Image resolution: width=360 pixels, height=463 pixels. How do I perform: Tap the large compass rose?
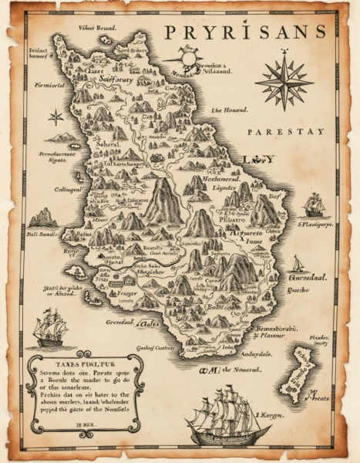[x=284, y=79]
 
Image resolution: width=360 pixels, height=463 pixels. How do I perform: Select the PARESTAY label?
[x=286, y=132]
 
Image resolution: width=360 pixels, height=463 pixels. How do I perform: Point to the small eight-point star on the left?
[x=56, y=117]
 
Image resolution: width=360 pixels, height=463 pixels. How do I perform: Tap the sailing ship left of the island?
[x=49, y=326]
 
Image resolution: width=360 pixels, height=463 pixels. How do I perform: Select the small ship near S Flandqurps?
[x=313, y=204]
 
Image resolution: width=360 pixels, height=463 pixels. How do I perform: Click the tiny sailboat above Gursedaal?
[x=298, y=263]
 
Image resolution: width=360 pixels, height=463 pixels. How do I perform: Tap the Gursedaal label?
[x=308, y=276]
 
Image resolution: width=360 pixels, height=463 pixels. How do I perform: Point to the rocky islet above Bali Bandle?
[x=42, y=218]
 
